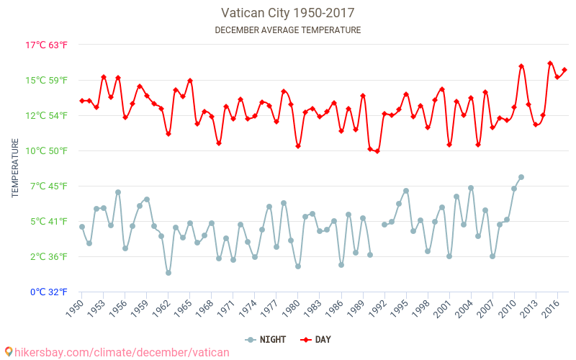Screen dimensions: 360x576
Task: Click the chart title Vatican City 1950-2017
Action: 288,13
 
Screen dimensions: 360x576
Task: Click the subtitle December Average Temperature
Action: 288,30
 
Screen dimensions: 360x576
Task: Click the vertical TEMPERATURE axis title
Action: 16,168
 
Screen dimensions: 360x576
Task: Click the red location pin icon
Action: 7,352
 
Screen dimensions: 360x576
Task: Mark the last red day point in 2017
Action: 564,70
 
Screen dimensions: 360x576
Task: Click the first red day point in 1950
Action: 82,101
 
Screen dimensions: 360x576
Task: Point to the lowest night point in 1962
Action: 168,273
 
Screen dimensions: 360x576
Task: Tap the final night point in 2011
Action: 521,177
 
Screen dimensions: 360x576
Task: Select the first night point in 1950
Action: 82,227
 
